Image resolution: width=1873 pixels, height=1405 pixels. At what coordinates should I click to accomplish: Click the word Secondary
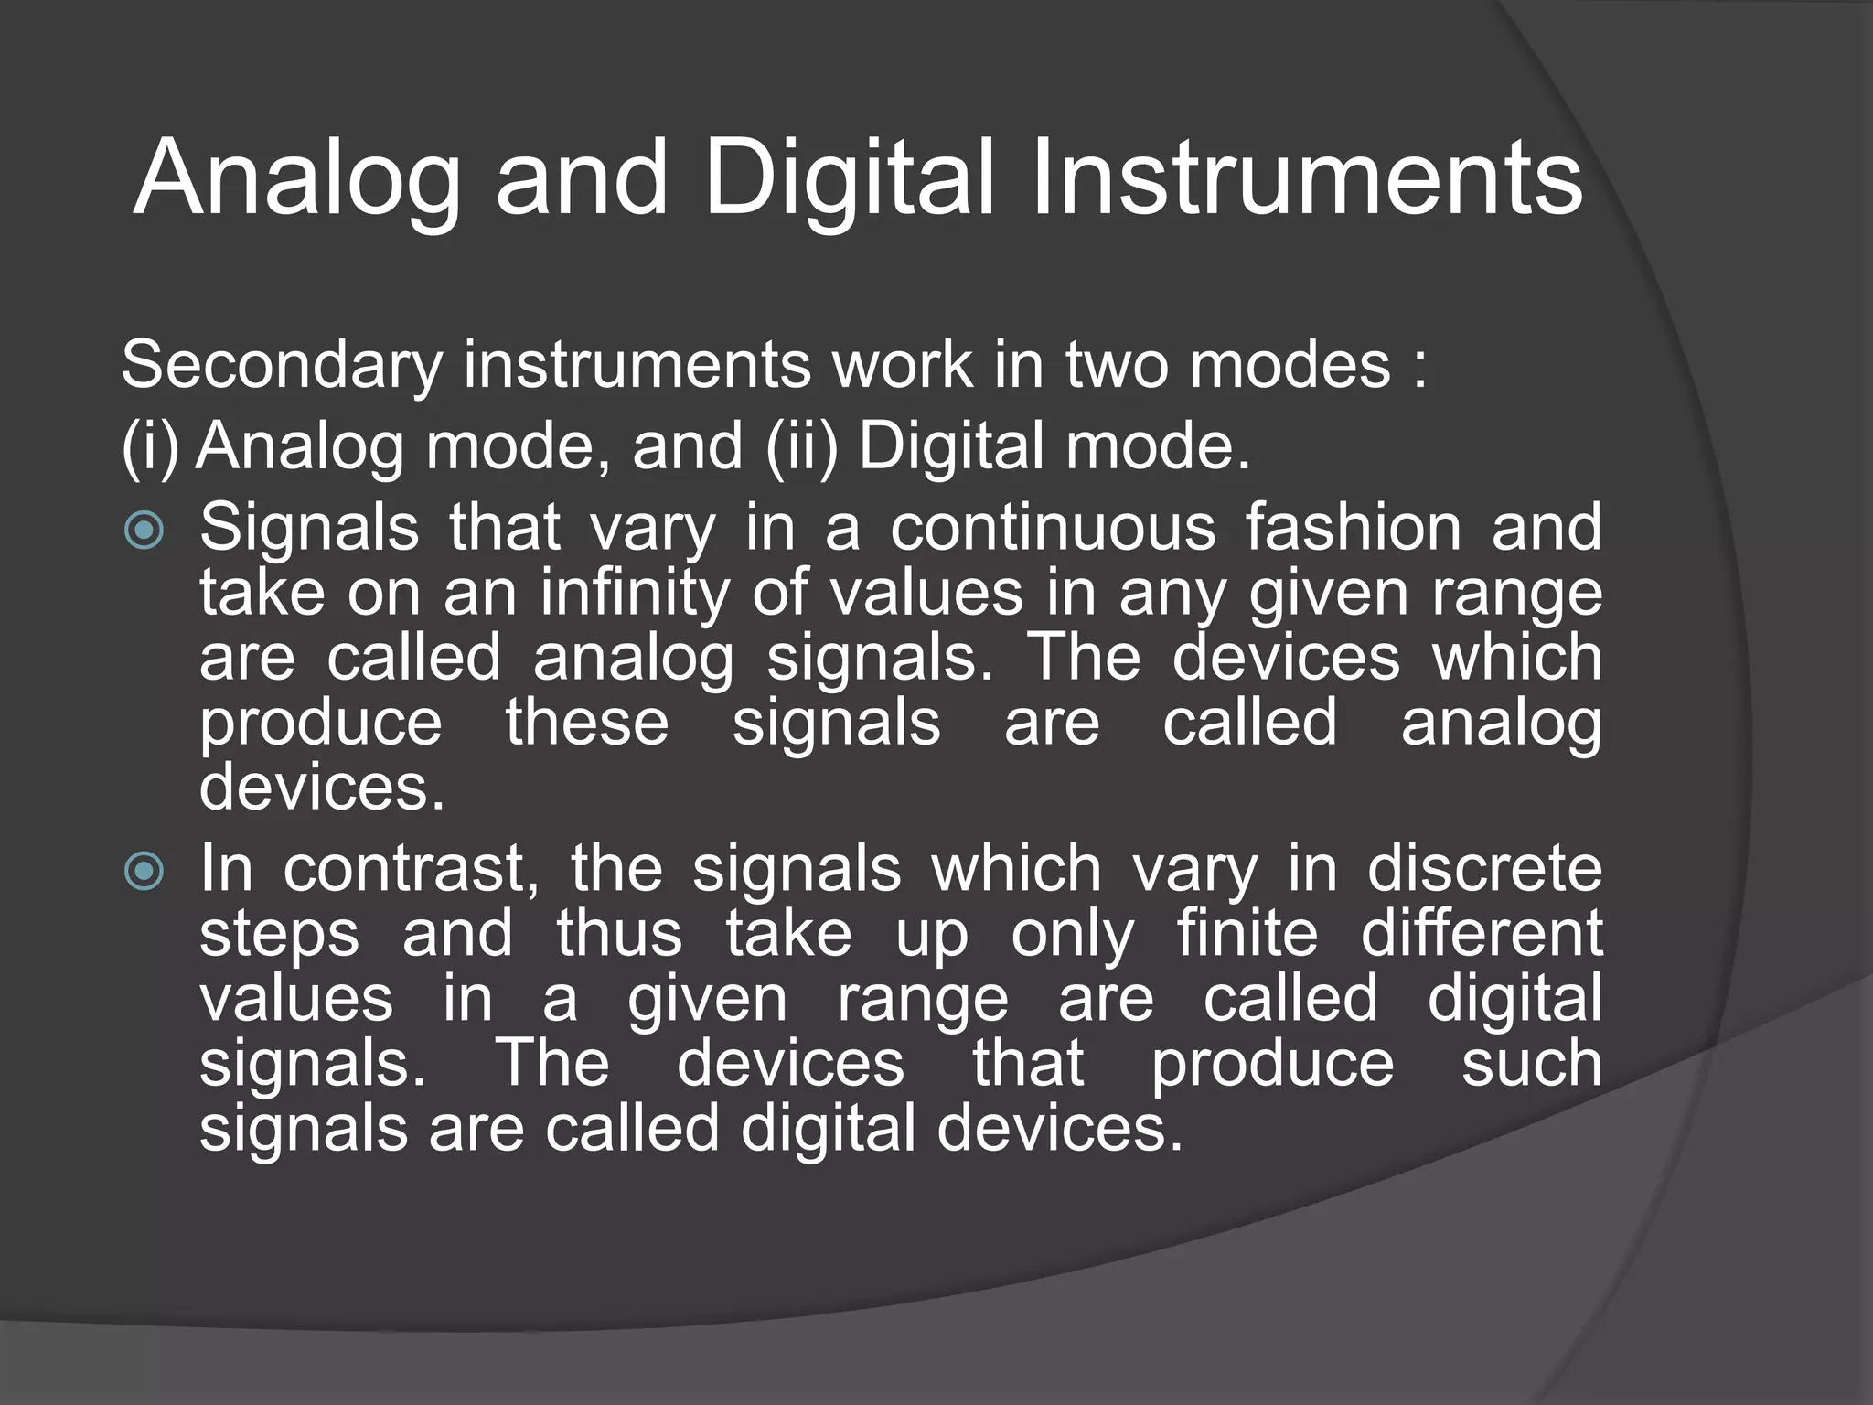282,365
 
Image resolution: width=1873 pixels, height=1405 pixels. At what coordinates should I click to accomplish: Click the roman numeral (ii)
801,447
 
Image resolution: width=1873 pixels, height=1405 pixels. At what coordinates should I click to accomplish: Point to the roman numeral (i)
150,447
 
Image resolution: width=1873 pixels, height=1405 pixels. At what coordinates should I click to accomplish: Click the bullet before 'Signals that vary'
144,530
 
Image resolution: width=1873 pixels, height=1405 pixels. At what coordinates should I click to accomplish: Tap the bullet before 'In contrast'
144,871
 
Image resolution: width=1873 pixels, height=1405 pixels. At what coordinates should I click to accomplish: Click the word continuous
1053,528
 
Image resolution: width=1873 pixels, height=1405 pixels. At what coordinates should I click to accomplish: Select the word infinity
637,594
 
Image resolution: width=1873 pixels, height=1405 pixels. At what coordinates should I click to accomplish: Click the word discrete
1484,869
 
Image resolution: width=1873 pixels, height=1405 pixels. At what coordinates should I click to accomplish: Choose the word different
1482,934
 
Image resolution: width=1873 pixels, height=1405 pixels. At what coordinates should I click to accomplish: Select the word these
587,723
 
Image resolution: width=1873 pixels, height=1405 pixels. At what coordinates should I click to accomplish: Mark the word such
1531,1064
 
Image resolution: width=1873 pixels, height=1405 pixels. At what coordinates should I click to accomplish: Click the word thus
619,934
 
